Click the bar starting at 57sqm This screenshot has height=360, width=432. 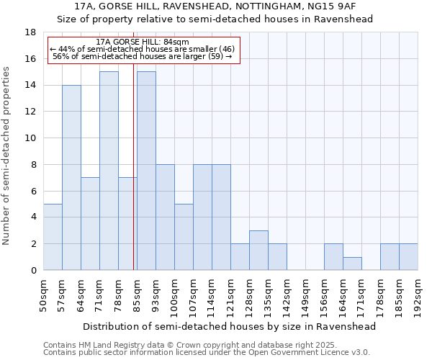[71, 178]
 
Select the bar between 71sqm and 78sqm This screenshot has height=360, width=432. [109, 171]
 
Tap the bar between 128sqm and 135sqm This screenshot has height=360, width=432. [258, 251]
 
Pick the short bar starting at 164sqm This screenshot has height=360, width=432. [352, 264]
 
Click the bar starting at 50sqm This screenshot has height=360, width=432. [53, 237]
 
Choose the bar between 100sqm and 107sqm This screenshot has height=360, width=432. [184, 237]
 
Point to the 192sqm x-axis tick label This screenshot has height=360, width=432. [418, 297]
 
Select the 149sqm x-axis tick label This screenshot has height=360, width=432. [306, 297]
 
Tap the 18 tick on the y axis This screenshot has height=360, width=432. [30, 32]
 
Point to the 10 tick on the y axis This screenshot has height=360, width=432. [30, 138]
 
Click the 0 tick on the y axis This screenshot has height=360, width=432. [33, 270]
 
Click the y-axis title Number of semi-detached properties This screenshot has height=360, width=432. [7, 156]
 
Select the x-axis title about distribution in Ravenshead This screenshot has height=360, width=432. [230, 326]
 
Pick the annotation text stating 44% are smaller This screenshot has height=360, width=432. [142, 49]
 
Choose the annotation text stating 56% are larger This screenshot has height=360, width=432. [142, 56]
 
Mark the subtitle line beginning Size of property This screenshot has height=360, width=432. [215, 19]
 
